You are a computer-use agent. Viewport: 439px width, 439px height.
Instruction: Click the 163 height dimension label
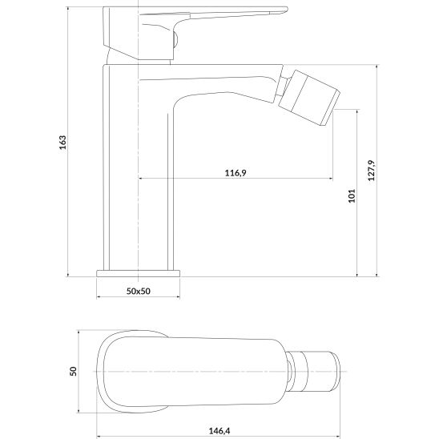[63, 143]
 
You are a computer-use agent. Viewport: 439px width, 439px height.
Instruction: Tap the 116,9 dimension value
[236, 173]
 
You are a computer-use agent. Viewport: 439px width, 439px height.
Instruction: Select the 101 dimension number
[352, 195]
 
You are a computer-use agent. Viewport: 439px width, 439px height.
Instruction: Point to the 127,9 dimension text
[371, 171]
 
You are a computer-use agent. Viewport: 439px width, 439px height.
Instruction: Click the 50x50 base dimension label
[139, 291]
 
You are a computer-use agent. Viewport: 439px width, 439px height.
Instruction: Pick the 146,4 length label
[219, 431]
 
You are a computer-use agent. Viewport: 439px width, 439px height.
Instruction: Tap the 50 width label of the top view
[73, 371]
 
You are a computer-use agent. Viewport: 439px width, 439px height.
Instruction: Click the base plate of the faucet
[139, 273]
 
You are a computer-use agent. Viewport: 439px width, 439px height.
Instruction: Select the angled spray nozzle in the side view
[309, 98]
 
